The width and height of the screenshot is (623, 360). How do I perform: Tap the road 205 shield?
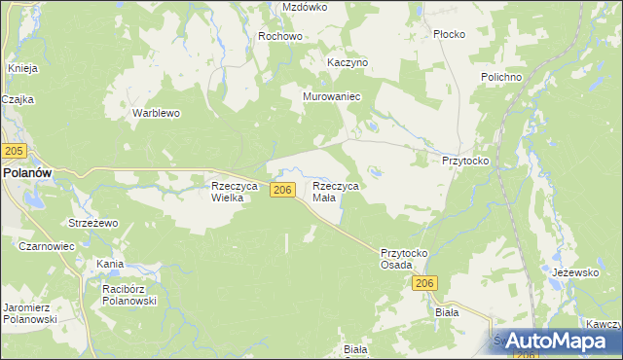pos(14,151)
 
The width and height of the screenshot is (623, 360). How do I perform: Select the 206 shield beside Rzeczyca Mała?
pos(282,190)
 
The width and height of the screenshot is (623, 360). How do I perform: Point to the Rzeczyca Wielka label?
pos(234,191)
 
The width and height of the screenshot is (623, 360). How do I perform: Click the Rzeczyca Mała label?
pos(336,191)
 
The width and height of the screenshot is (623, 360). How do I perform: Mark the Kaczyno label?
pos(348,62)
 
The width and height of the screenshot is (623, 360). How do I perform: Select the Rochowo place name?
pos(280,36)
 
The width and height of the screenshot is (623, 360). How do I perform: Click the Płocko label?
pos(450,34)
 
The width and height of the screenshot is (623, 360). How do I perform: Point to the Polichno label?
pos(502,77)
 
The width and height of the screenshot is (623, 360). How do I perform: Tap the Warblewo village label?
pos(157,113)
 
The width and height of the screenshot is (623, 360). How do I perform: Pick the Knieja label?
pos(22,68)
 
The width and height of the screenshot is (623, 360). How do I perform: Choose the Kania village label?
pos(109,264)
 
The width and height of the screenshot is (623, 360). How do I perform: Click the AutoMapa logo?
pos(552,340)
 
